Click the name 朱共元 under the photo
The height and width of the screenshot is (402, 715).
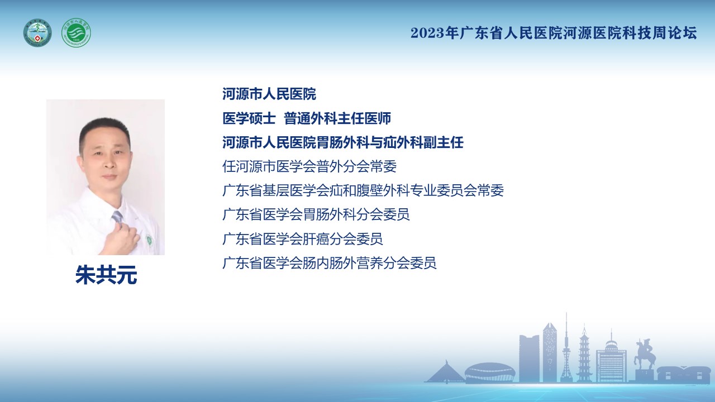point(106,275)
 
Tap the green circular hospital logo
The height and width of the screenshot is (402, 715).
point(76,33)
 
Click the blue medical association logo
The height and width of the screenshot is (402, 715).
point(37,33)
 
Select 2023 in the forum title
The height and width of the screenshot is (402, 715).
point(427,33)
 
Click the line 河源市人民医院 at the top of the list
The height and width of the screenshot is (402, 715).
point(269,94)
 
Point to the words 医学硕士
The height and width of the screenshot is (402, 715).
point(249,118)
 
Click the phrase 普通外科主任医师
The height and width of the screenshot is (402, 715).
point(337,118)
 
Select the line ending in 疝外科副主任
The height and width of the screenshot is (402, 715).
point(343,142)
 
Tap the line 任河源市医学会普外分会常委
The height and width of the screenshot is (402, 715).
point(309,166)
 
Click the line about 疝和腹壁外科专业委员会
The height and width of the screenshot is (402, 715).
point(363,190)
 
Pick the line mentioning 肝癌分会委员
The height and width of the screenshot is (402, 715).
point(303,239)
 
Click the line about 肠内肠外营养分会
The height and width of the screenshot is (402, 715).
point(330,263)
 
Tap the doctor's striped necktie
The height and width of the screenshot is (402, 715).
point(117,218)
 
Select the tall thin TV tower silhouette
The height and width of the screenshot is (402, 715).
point(566,348)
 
